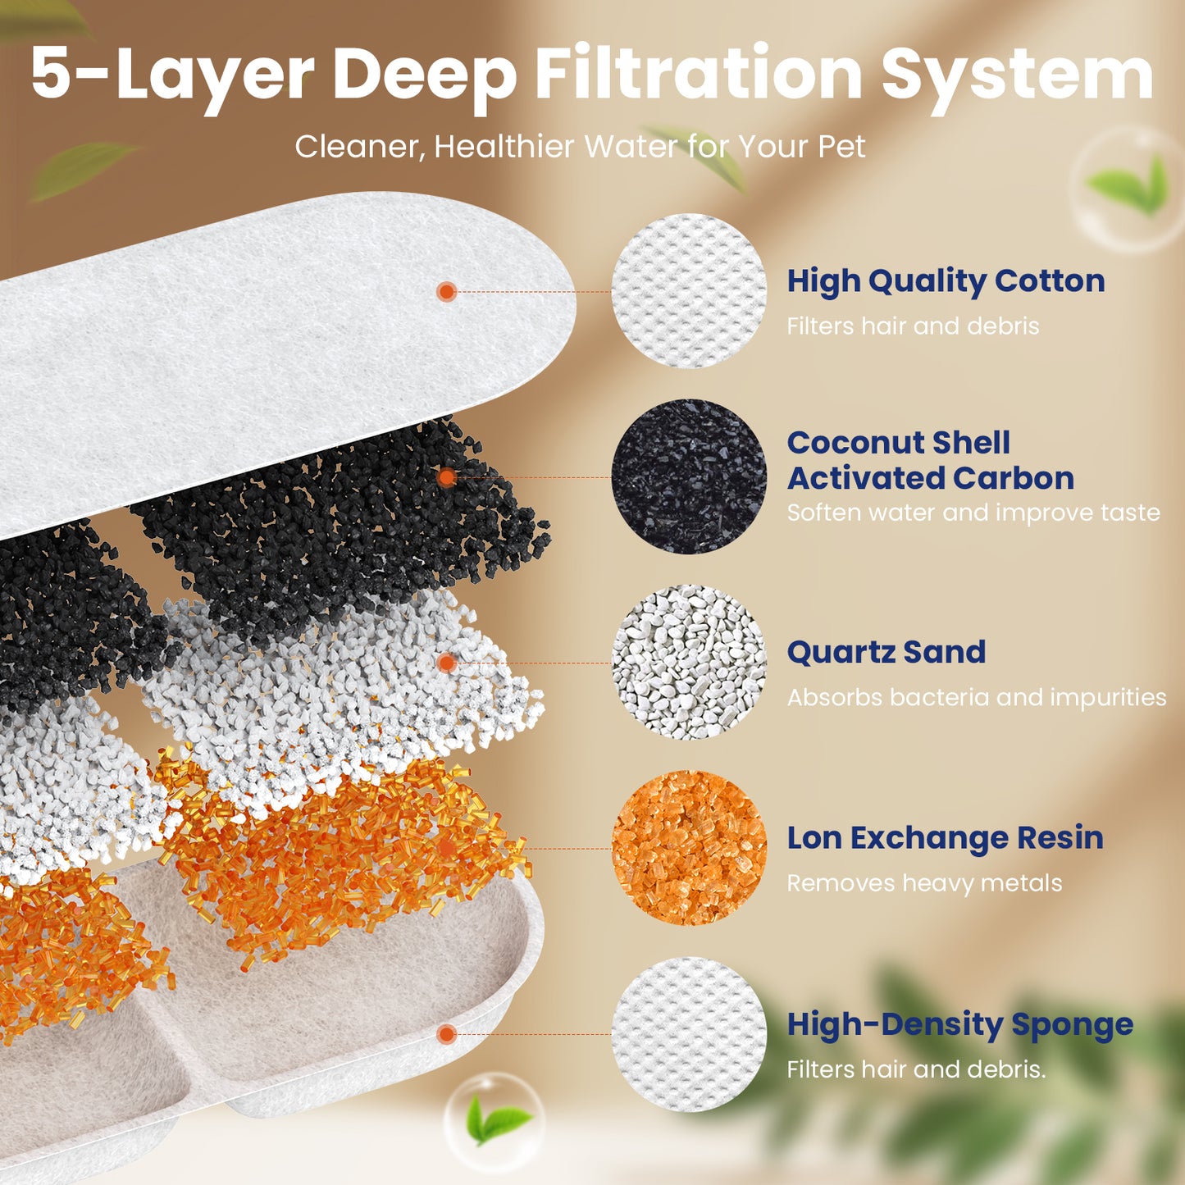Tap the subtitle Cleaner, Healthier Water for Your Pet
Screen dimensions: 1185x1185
(x=580, y=147)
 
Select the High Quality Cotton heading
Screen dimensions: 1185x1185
(x=946, y=281)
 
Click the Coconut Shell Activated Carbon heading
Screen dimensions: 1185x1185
(x=930, y=460)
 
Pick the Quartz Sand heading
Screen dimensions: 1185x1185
(x=886, y=652)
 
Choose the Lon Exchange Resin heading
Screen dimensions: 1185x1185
(x=945, y=838)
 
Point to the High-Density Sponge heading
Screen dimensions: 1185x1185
(x=959, y=1024)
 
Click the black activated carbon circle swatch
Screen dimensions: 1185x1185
(x=689, y=476)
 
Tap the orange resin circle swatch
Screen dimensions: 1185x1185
(x=689, y=848)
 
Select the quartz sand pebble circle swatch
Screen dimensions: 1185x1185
(x=689, y=662)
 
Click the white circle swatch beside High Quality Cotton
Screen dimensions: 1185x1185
(x=689, y=291)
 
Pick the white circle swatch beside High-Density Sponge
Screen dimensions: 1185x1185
(x=689, y=1034)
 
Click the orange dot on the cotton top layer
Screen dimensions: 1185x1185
(x=446, y=291)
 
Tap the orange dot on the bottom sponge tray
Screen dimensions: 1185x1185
(x=446, y=1034)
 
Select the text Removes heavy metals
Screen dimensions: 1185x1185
(x=924, y=883)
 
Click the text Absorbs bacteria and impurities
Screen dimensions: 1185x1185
(x=976, y=697)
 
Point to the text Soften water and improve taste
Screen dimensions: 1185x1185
(x=973, y=513)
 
